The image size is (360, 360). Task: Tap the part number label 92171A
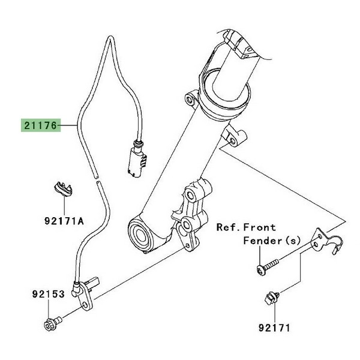(x=63, y=221)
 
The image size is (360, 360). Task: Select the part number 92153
(x=47, y=294)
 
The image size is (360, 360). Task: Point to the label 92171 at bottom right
(x=274, y=328)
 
